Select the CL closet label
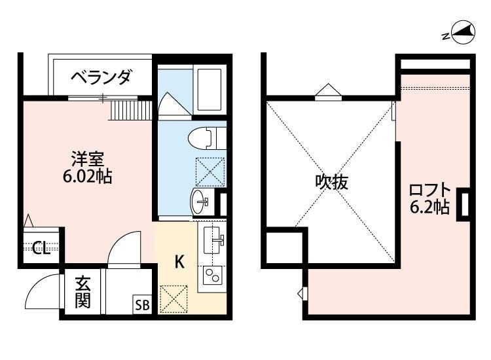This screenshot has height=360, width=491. click(41, 248)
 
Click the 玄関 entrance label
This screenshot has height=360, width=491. click(82, 293)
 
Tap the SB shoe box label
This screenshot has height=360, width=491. click(141, 305)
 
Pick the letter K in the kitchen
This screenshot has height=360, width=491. click(178, 262)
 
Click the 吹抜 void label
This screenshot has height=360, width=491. click(331, 183)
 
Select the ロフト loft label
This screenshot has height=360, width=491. click(429, 190)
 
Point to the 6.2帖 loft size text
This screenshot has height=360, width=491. click(429, 208)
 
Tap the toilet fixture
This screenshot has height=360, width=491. click(204, 137)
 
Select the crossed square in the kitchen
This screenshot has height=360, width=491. click(173, 298)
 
